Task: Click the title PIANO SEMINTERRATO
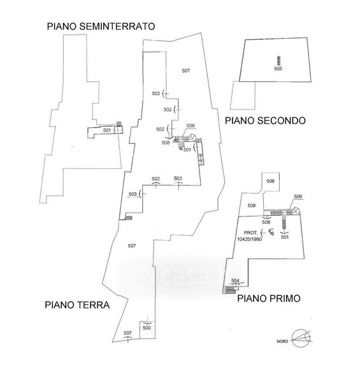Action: (x=101, y=26)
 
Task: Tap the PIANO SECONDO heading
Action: (x=265, y=121)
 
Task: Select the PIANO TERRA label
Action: (x=77, y=305)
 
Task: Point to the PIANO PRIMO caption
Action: (x=269, y=299)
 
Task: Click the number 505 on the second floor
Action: (x=278, y=69)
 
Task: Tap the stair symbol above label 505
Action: (x=278, y=60)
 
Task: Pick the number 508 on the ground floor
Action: (x=166, y=143)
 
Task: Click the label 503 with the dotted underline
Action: (x=133, y=194)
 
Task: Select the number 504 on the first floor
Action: (x=235, y=281)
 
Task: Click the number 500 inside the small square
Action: (x=147, y=328)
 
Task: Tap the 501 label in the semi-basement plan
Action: (x=107, y=131)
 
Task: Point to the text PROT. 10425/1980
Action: (x=249, y=236)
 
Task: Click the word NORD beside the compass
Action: (x=282, y=341)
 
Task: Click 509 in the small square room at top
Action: (x=270, y=181)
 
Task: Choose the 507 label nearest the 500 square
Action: (x=127, y=333)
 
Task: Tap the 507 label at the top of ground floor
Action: (x=185, y=71)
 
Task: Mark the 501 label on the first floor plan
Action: (x=285, y=237)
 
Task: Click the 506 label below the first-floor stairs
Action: (x=266, y=222)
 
